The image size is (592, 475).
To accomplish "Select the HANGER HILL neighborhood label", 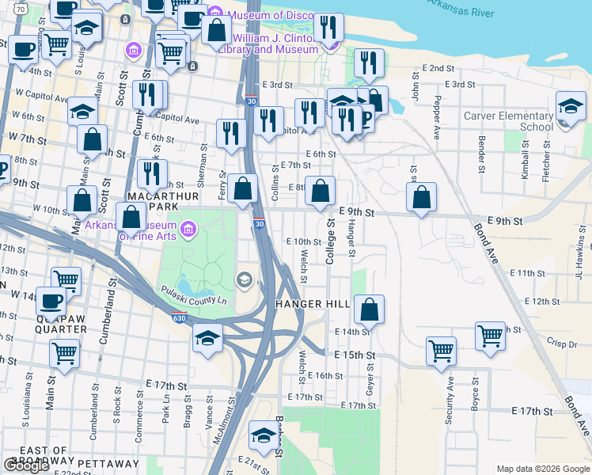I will tap(312, 305).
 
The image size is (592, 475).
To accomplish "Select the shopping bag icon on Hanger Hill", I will tap(369, 310).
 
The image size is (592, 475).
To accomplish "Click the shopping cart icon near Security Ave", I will tap(441, 350).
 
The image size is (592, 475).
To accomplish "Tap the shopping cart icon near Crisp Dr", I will tap(490, 336).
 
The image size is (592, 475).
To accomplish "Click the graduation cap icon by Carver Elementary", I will tap(571, 107).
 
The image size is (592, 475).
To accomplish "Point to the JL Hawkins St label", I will tap(580, 258).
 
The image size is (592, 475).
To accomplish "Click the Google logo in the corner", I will tap(26, 465).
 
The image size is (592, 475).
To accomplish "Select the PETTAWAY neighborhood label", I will tap(108, 463).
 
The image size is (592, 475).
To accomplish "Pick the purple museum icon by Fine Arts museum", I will tap(188, 230).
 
